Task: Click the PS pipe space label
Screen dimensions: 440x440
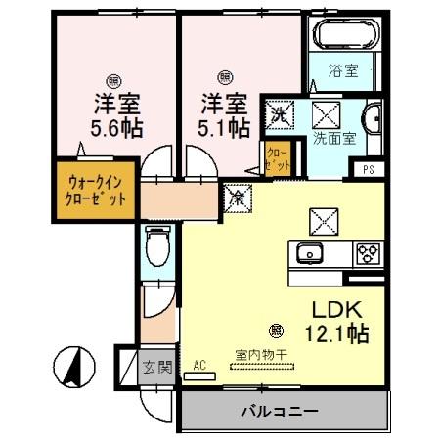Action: (x=368, y=169)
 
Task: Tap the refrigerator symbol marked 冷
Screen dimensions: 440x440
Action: (x=237, y=198)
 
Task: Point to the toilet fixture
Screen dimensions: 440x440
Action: (x=156, y=245)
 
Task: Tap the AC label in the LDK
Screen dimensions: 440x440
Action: (x=199, y=365)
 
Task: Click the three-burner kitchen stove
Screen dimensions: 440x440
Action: (x=368, y=252)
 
